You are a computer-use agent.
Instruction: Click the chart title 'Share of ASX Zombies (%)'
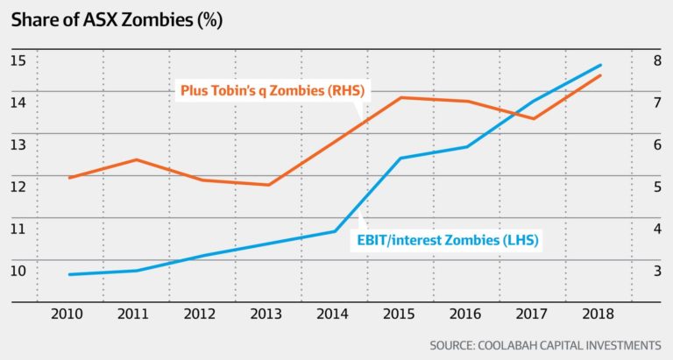point(117,20)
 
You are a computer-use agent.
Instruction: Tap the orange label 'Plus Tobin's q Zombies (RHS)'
point(273,90)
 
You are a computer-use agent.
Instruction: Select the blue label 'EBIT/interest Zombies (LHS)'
point(448,239)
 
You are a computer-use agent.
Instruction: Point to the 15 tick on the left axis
point(18,60)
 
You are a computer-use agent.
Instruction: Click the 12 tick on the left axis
point(18,187)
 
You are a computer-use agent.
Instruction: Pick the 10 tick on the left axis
point(18,271)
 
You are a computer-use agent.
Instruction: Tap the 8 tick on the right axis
point(657,60)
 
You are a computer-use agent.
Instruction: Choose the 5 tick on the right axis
point(657,187)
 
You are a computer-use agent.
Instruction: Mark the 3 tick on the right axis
point(657,271)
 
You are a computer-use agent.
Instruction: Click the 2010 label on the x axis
point(67,314)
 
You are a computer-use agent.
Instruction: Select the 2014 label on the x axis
point(332,314)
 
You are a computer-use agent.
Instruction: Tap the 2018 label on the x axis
point(598,314)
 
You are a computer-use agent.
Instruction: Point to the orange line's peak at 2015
point(400,97)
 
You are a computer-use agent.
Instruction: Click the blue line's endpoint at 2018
point(600,65)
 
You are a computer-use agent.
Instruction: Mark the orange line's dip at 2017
point(534,118)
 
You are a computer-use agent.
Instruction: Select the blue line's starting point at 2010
point(69,274)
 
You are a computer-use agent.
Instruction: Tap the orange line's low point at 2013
point(269,185)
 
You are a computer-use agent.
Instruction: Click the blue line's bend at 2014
point(335,231)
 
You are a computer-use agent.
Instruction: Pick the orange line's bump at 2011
point(136,159)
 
